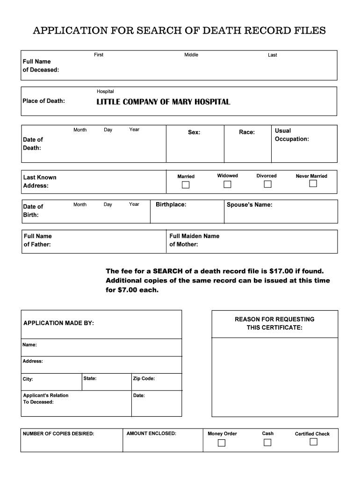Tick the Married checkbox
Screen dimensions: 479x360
point(186,185)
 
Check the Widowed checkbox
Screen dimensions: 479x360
point(227,184)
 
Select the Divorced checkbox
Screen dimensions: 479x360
point(267,184)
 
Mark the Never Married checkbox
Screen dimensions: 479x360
point(313,184)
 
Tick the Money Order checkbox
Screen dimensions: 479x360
point(222,443)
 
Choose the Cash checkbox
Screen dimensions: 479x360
point(267,443)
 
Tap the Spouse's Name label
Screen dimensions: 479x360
point(249,205)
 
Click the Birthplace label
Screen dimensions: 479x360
point(171,204)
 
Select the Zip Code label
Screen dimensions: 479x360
point(144,379)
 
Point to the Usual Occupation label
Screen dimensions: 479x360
point(292,135)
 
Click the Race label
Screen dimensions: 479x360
point(247,132)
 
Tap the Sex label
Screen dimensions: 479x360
point(194,132)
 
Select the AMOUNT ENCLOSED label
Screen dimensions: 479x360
point(151,434)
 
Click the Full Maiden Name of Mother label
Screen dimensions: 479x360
point(194,240)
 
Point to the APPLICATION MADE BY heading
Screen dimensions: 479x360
point(58,323)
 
